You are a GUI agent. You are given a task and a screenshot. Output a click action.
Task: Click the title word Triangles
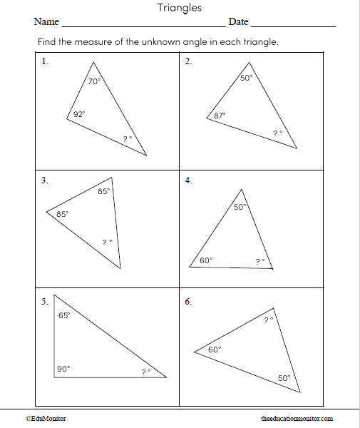(179, 8)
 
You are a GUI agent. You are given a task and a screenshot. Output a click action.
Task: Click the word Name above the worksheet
(46, 22)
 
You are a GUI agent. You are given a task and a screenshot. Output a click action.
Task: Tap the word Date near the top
(238, 22)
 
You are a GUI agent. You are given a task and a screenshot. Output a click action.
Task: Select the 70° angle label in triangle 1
(94, 81)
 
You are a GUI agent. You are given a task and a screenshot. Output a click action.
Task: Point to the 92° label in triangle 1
(79, 113)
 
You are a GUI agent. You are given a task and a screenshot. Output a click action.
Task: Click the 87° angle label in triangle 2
(220, 115)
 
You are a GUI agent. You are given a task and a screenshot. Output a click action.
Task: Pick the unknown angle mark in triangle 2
(277, 133)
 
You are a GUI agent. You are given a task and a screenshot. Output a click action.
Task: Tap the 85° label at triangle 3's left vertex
(62, 214)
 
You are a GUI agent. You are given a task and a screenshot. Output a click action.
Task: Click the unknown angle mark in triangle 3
(107, 243)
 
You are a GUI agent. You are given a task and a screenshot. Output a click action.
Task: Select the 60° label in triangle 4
(205, 260)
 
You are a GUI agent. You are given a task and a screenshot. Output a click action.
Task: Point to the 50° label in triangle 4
(240, 207)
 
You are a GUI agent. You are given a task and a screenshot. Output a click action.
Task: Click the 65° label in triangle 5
(63, 315)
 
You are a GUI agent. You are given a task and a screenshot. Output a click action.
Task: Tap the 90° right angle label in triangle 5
(63, 369)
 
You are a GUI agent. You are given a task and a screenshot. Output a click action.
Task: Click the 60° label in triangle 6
(215, 350)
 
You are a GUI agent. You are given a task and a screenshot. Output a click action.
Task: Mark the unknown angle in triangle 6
(269, 320)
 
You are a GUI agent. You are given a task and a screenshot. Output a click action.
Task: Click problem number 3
(44, 180)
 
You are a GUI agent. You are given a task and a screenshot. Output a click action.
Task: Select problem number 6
(187, 302)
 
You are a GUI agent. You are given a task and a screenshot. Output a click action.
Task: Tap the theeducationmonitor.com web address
(297, 419)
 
